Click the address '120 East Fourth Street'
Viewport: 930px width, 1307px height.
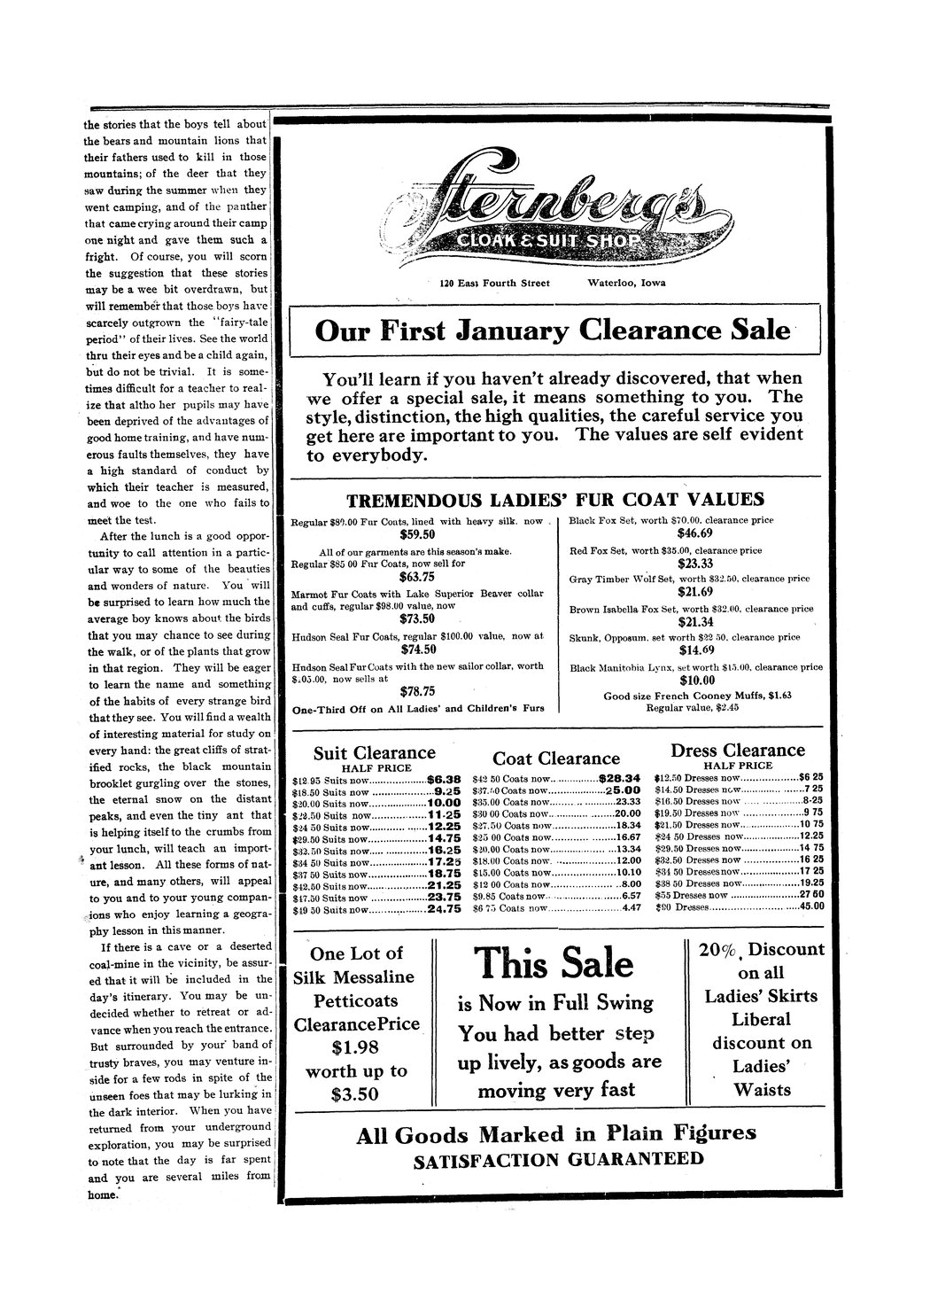[494, 284]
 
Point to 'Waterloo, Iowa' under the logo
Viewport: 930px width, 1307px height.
[626, 284]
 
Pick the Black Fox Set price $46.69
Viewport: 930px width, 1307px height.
[694, 533]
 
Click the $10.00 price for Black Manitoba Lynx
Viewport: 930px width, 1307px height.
[695, 681]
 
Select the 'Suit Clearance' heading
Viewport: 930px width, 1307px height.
[375, 753]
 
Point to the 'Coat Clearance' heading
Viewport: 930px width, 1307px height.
[555, 759]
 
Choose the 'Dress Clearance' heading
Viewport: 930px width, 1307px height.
[738, 751]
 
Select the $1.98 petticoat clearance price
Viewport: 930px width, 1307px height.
[355, 1047]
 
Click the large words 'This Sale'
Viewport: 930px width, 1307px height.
[554, 963]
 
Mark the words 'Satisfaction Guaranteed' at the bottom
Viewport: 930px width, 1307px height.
[558, 1160]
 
